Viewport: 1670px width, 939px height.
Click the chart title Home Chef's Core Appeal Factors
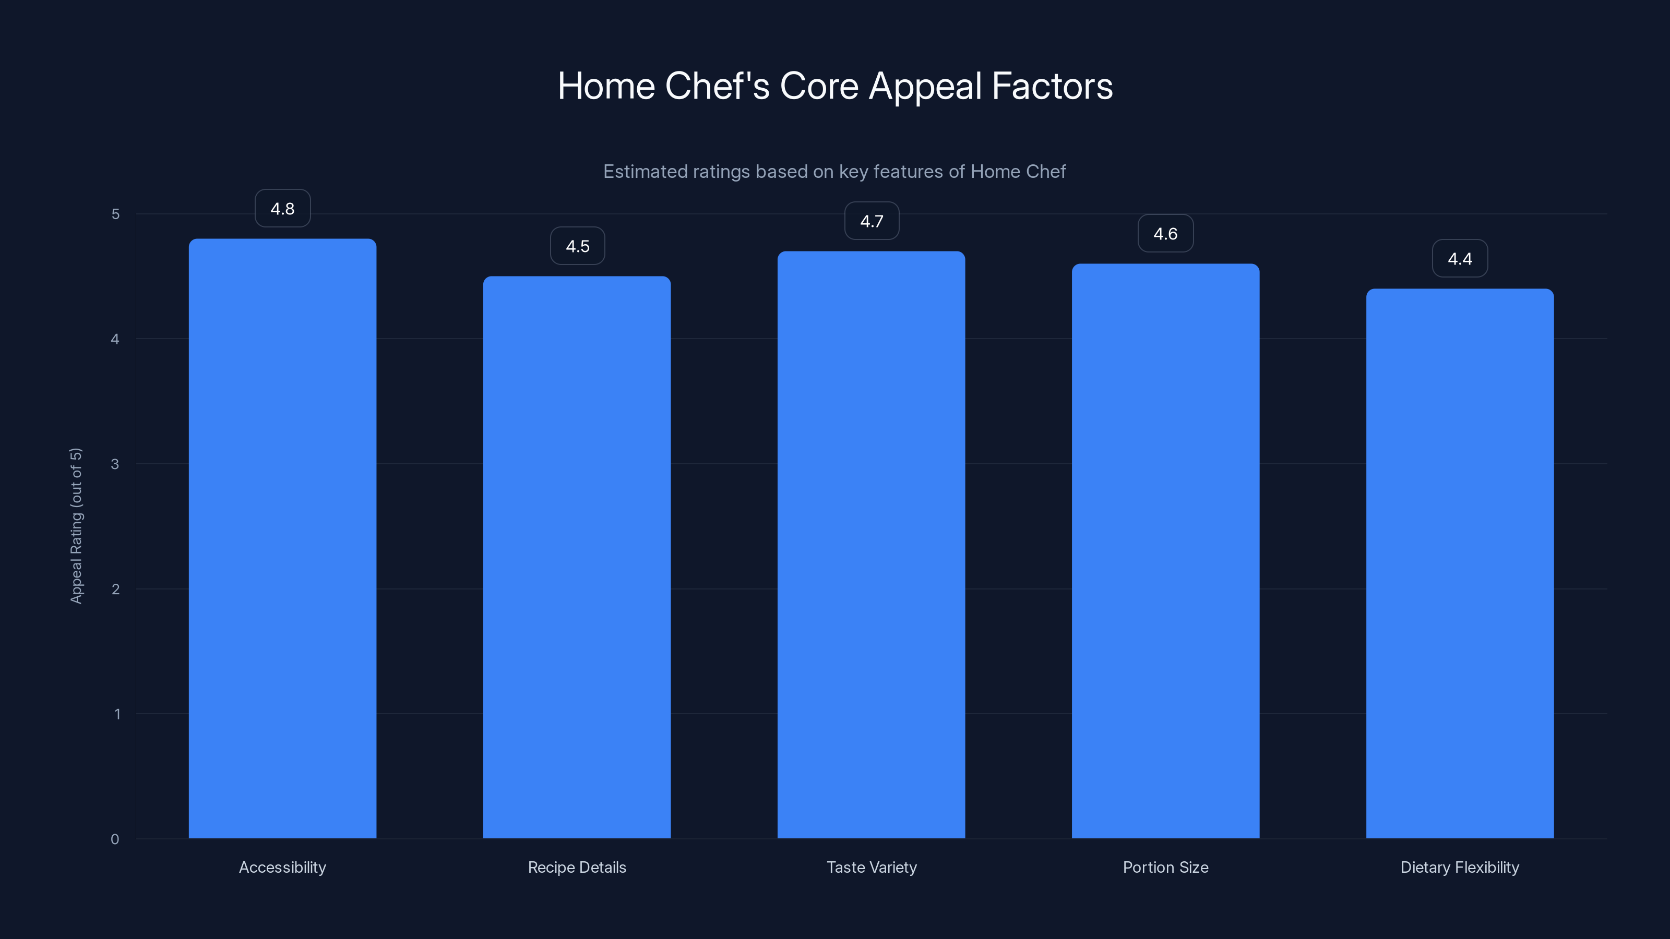[x=835, y=86]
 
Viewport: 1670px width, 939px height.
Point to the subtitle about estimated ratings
[x=834, y=172]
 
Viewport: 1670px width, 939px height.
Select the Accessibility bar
[x=283, y=538]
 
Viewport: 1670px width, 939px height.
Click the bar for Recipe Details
[x=577, y=557]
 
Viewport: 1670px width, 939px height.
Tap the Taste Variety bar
[x=872, y=544]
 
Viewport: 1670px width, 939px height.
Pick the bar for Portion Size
[x=1166, y=551]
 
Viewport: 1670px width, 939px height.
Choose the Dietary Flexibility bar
[x=1460, y=564]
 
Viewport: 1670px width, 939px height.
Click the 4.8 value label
[x=283, y=209]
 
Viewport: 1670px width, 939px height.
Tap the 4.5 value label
[x=578, y=246]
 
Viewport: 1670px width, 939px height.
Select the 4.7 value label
[x=872, y=221]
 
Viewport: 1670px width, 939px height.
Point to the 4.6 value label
[x=1166, y=233]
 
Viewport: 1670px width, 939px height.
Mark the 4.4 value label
[x=1460, y=259]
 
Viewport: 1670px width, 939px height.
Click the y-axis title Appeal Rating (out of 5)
[x=77, y=525]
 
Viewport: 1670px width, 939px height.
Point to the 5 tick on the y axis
[x=115, y=214]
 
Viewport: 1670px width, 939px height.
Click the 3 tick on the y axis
[x=115, y=464]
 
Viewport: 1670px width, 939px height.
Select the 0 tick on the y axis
[x=115, y=839]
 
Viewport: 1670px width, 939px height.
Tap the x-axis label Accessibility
[x=283, y=867]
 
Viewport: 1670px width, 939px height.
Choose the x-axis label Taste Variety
[x=872, y=867]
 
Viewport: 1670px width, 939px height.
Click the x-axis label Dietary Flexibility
[x=1460, y=867]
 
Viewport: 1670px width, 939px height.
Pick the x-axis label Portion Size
[x=1166, y=867]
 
